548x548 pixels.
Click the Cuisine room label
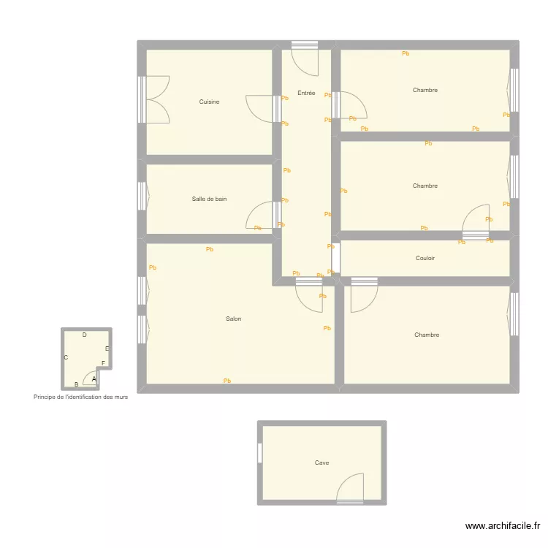209,102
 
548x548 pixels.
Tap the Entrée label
306,94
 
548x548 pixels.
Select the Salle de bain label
209,199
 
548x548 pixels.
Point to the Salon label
233,319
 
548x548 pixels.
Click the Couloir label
425,258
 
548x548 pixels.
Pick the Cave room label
321,463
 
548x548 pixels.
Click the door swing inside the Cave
351,487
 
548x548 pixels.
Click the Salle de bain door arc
259,216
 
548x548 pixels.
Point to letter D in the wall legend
85,335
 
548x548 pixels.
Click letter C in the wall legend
66,357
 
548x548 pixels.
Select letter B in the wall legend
76,384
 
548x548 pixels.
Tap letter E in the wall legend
107,349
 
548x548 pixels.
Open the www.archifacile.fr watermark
503,525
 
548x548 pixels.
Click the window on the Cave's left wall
259,453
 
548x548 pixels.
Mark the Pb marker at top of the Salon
210,249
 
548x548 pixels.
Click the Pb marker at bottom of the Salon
227,381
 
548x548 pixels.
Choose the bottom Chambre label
427,335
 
